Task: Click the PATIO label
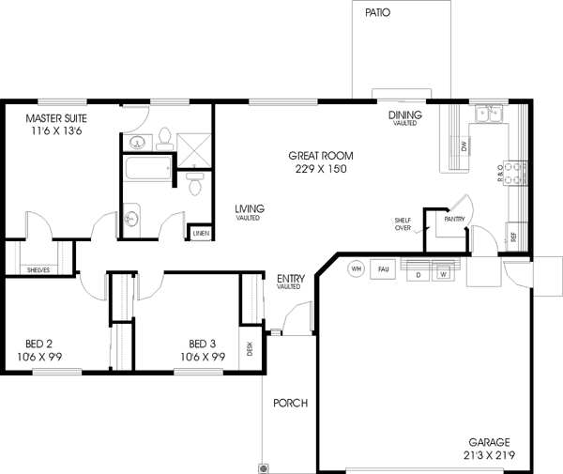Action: [377, 13]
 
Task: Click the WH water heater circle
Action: [356, 268]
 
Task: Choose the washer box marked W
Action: [442, 274]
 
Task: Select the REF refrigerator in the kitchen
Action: [512, 236]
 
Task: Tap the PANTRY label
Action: [454, 219]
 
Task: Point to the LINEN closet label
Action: [200, 232]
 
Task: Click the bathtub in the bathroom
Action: [147, 170]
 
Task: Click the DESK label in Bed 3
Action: [250, 349]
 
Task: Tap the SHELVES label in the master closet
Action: [38, 269]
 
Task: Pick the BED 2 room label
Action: [38, 344]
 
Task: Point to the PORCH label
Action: [290, 404]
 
